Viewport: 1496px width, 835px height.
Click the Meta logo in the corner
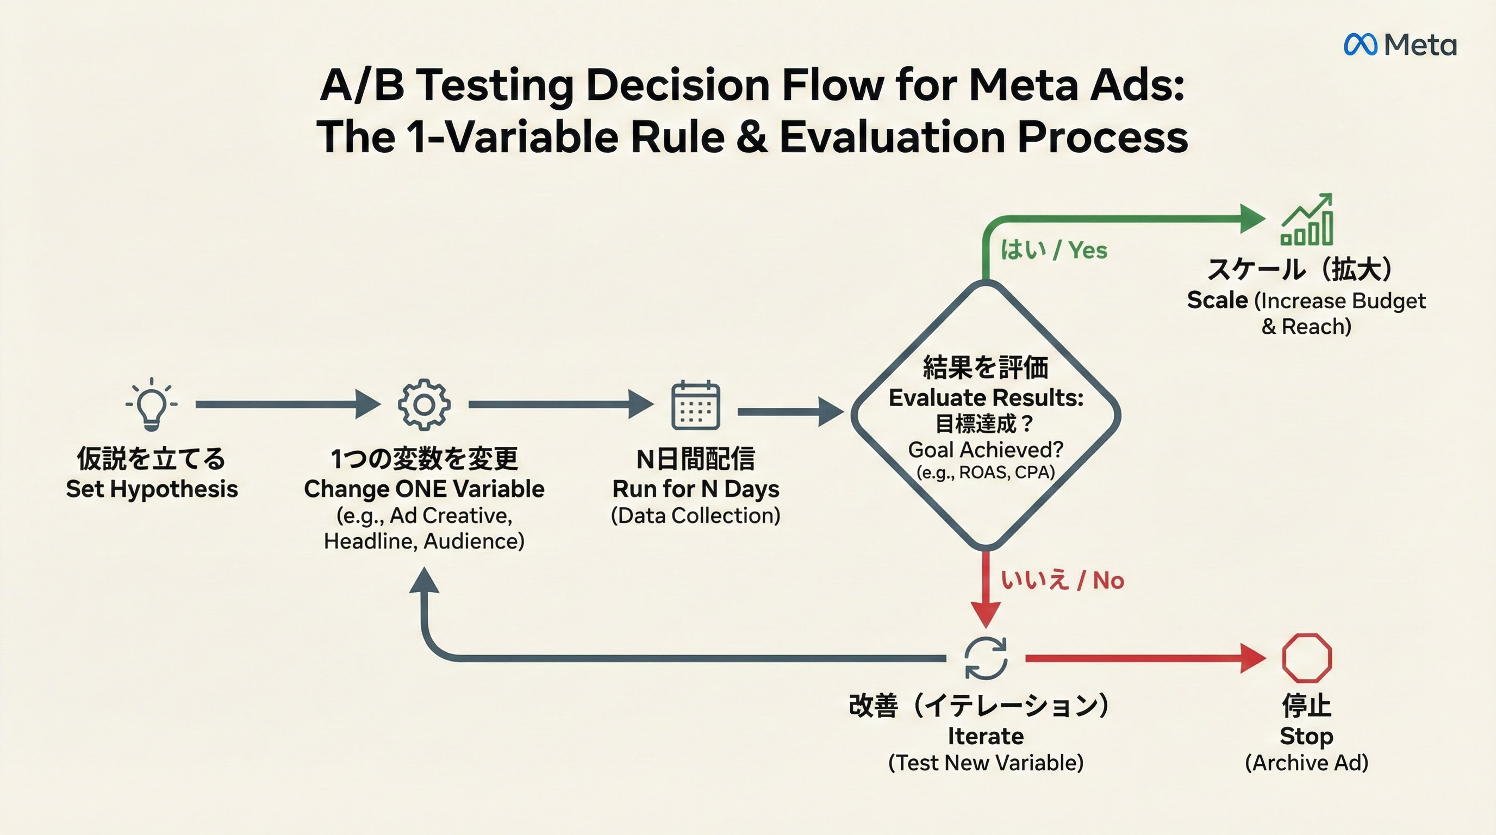(1400, 45)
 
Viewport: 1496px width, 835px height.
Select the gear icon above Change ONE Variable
(424, 405)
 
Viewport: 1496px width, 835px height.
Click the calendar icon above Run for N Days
(696, 406)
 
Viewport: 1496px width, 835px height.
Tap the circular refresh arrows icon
(986, 658)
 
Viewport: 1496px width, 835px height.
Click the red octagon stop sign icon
(1307, 658)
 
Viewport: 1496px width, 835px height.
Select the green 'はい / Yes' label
(1054, 250)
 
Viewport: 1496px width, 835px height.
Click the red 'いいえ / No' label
(1062, 580)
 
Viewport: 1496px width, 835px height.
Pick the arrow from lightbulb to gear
(288, 404)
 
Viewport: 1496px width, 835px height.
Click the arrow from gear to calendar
(561, 404)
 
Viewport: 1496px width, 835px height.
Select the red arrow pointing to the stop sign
(1146, 658)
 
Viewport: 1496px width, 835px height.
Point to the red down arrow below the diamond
(986, 589)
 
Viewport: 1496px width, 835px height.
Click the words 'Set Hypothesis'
(152, 489)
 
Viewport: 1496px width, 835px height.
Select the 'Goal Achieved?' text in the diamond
(986, 450)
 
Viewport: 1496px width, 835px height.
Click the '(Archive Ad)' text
(1307, 762)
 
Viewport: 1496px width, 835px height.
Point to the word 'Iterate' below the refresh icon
(986, 736)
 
